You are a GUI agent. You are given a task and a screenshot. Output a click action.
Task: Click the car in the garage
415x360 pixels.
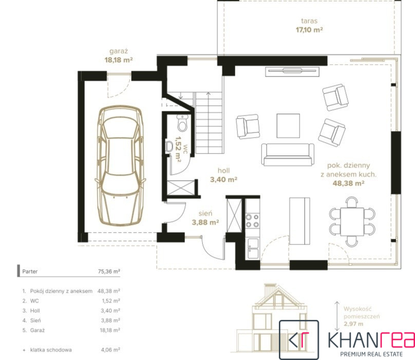click(120, 166)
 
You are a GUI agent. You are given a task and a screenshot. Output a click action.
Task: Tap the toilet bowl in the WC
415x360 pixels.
click(182, 123)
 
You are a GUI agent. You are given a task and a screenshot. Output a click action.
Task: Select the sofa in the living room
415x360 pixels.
click(288, 155)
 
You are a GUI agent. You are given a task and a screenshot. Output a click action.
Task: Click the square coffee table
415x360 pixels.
click(288, 126)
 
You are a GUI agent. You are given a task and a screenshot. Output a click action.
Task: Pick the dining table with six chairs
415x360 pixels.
click(352, 221)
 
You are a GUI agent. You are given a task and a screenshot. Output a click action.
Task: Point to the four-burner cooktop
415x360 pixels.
click(252, 221)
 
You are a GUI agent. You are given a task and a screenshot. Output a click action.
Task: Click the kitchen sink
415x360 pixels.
click(253, 248)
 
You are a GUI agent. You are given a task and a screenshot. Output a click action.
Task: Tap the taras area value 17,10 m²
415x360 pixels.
click(309, 30)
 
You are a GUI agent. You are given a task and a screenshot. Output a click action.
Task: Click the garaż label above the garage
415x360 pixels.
click(119, 51)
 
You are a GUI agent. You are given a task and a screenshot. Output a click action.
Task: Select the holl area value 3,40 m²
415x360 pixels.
click(223, 180)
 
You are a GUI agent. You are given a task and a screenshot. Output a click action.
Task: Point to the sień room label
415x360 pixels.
click(205, 213)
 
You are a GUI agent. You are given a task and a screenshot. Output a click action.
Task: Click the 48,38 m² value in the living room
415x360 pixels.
click(348, 183)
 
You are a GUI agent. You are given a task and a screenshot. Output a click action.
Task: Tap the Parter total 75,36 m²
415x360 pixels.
click(109, 271)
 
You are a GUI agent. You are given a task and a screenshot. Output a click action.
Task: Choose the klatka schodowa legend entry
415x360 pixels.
click(51, 350)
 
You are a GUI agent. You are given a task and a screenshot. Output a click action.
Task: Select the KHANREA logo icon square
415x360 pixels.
click(299, 339)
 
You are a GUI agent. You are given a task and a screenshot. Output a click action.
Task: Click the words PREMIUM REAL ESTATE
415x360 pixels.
click(371, 354)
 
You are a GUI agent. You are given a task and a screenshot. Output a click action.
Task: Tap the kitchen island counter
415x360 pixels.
click(299, 221)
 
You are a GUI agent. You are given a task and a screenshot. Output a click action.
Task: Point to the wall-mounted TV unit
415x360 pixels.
click(292, 71)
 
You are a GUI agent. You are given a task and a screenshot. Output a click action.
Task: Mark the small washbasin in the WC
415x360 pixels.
click(168, 146)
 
